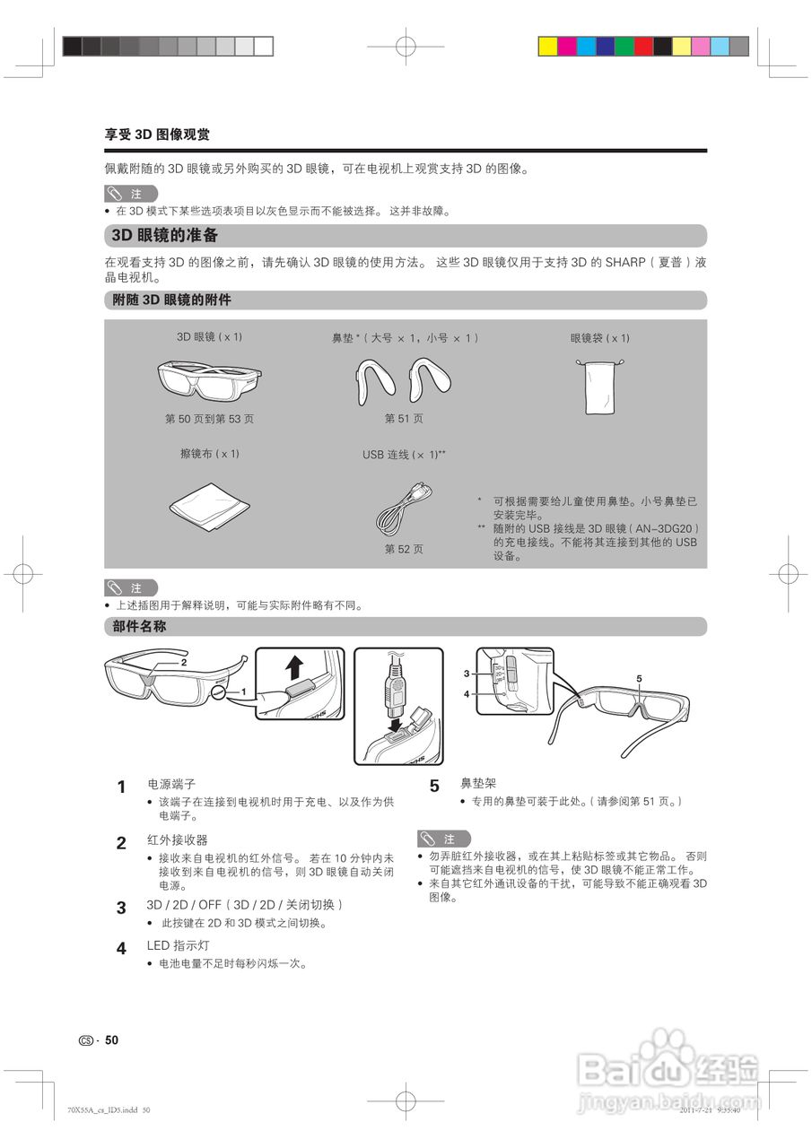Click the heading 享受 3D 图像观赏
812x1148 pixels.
pyautogui.click(x=158, y=135)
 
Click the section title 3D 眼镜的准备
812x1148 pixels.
pyautogui.click(x=164, y=236)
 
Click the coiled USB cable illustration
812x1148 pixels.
pyautogui.click(x=404, y=509)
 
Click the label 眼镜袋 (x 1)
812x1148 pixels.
pyautogui.click(x=599, y=338)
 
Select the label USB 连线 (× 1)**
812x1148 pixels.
pyautogui.click(x=404, y=455)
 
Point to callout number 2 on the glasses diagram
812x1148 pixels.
pyautogui.click(x=184, y=662)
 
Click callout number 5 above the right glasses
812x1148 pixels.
pyautogui.click(x=639, y=679)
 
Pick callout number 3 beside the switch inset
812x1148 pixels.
pyautogui.click(x=467, y=673)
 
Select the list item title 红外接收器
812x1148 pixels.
pyautogui.click(x=177, y=840)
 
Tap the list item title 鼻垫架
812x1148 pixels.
pyautogui.click(x=477, y=784)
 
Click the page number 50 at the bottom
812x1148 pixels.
pyautogui.click(x=111, y=1040)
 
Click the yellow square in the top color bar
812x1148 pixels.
pyautogui.click(x=547, y=46)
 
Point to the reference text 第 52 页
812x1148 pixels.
pyautogui.click(x=404, y=549)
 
